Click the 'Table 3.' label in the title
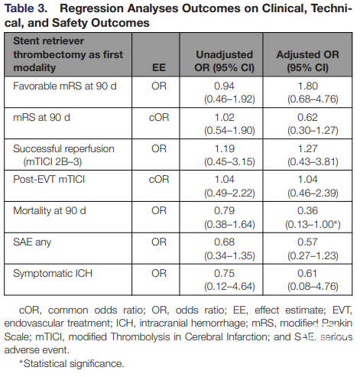tap(26, 8)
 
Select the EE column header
tap(159, 67)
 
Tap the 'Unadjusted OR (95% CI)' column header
tap(225, 61)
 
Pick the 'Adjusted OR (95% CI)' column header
tap(308, 61)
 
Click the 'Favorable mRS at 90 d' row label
tap(65, 86)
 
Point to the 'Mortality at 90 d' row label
tap(50, 211)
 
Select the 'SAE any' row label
tap(32, 242)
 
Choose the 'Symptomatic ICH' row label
tap(53, 273)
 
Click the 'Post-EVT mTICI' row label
tap(49, 180)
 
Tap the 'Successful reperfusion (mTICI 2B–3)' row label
tap(63, 155)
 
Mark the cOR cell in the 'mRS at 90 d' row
tap(159, 118)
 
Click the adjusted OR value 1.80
tap(308, 86)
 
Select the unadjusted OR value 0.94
tap(224, 86)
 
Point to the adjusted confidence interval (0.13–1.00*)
tap(313, 224)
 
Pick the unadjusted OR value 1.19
tap(224, 148)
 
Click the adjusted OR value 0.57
tap(307, 242)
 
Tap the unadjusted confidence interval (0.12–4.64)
tap(229, 287)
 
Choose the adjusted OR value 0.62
tap(307, 118)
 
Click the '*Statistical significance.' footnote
tap(72, 363)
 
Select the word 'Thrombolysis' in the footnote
tap(140, 336)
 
